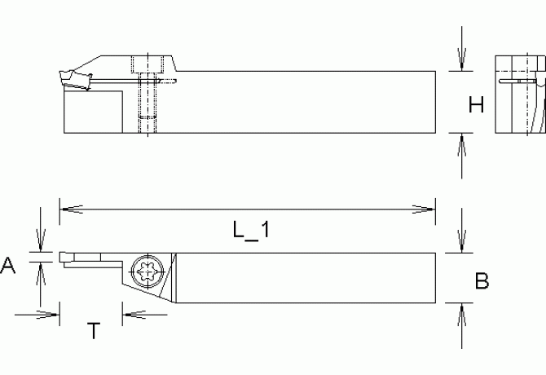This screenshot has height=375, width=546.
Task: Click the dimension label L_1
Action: (x=250, y=231)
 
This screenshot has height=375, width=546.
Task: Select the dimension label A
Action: (x=9, y=265)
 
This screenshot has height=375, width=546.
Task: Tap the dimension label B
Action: (x=482, y=281)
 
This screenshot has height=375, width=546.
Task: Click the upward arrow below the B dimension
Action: (x=462, y=313)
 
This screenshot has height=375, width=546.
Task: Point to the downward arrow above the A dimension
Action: (x=39, y=244)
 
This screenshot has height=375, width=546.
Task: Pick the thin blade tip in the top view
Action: (x=65, y=257)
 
